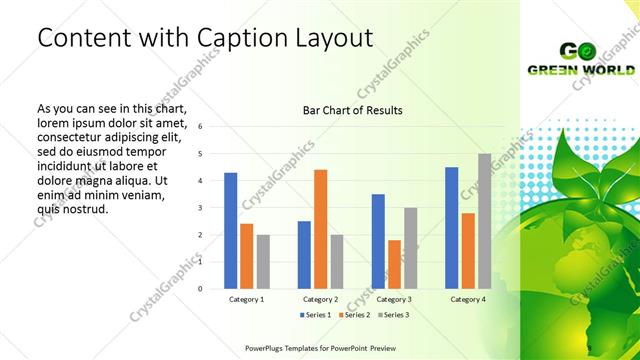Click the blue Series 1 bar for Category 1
[x=231, y=230]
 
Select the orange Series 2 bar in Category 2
[x=320, y=229]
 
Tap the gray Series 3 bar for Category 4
[x=484, y=221]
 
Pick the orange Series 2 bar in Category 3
[x=394, y=264]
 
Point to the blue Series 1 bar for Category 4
[x=452, y=227]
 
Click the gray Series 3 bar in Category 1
[x=263, y=261]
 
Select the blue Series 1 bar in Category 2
[x=304, y=254]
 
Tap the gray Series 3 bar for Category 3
[x=410, y=248]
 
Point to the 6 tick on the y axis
[x=201, y=127]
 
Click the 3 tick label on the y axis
[x=201, y=208]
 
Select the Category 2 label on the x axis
[x=320, y=299]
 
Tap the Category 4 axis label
[x=468, y=299]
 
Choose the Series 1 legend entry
[x=313, y=315]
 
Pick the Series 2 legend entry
[x=353, y=315]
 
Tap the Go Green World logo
[x=581, y=59]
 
